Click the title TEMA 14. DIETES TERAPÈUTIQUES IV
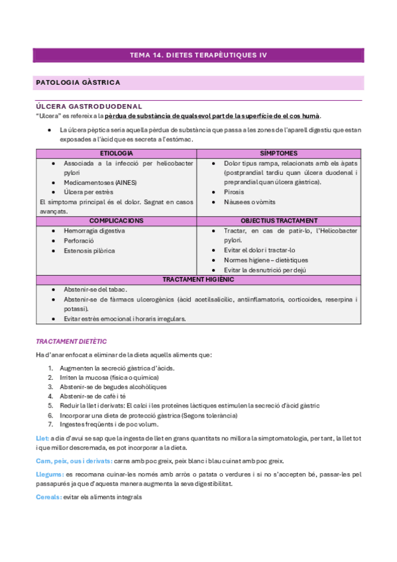198,56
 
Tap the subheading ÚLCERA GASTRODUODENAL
88,106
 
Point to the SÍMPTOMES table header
278,153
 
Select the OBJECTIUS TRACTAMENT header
278,221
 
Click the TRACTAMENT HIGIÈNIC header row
198,280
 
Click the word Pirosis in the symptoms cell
234,192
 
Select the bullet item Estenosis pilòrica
89,251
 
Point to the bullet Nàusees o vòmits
250,202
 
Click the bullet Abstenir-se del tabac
95,290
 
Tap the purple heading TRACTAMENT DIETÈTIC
71,341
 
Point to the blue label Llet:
41,439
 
